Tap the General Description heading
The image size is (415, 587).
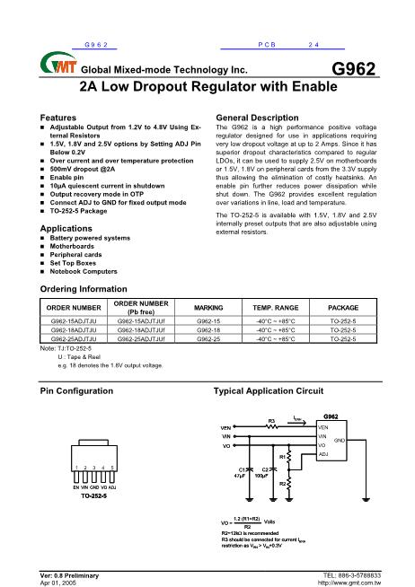[x=265, y=118]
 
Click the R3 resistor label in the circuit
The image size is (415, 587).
[x=270, y=419]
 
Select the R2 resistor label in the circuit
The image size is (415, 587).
[x=282, y=484]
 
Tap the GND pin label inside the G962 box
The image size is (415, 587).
[x=340, y=441]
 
